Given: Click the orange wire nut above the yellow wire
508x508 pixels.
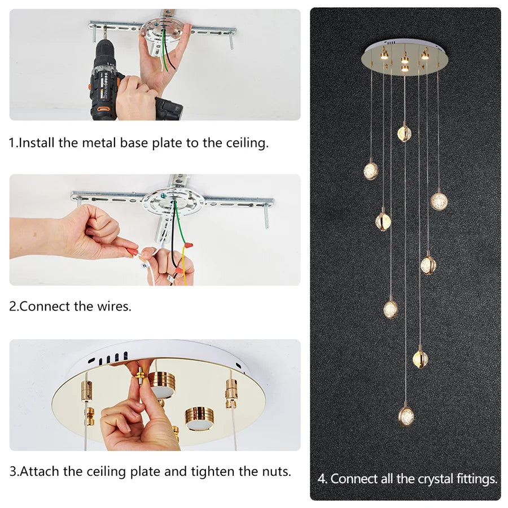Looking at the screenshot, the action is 188,246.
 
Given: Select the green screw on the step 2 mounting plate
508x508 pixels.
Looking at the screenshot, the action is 164,195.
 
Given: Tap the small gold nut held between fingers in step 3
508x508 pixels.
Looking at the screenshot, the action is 141,376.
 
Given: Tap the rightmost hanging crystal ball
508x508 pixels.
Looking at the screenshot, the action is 439,200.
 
